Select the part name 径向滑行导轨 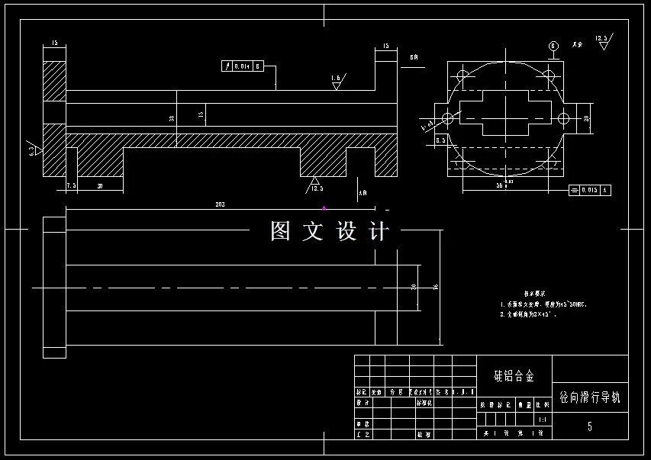(590, 397)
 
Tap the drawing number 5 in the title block (589, 426)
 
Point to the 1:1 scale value (542, 420)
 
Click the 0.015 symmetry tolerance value (589, 189)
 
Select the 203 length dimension (220, 204)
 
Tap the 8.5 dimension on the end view (440, 140)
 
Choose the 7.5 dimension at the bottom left (71, 185)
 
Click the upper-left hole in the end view (461, 75)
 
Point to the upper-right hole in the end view (548, 75)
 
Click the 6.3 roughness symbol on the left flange (33, 149)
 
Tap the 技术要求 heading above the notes (533, 292)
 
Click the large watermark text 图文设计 (330, 231)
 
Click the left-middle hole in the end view (448, 118)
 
